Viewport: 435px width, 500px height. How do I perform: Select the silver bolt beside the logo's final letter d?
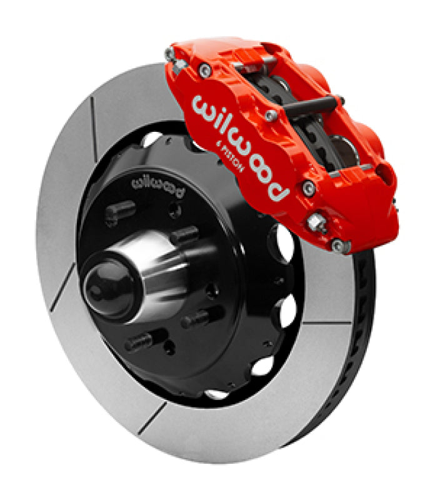pyautogui.click(x=307, y=187)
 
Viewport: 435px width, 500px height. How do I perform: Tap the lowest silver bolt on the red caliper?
pyautogui.click(x=339, y=246)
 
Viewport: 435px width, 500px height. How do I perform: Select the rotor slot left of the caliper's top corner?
pyautogui.click(x=94, y=119)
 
